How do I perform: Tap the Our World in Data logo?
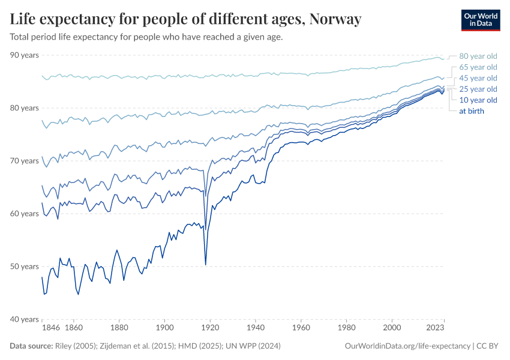(480, 19)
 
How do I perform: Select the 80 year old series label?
(478, 56)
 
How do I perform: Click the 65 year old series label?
(478, 67)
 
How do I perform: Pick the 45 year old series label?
(478, 78)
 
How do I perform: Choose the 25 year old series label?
(478, 89)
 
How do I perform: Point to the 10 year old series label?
(478, 100)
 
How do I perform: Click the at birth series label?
(472, 111)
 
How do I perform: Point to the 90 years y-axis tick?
(24, 55)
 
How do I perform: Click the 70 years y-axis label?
(24, 161)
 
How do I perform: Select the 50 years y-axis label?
(24, 266)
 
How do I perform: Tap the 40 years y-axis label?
(24, 319)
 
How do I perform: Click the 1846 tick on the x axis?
(50, 328)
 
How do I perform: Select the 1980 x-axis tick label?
(346, 328)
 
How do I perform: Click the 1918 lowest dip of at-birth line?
(206, 264)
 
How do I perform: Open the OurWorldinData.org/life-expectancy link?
(408, 346)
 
